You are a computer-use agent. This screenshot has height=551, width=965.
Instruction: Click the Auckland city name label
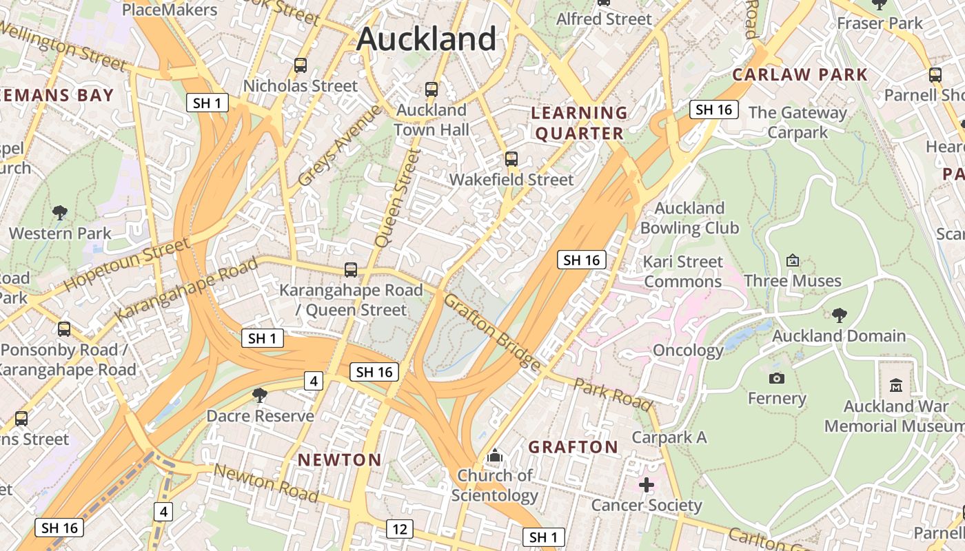426,39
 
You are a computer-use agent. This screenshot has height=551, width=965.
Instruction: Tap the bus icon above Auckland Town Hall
431,90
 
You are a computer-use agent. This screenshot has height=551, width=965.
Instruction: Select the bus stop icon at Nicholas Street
301,65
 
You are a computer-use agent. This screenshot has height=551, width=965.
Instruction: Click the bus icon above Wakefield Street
511,159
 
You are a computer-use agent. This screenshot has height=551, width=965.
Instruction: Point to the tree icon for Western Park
60,213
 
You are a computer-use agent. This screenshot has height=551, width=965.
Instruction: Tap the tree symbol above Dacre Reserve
260,395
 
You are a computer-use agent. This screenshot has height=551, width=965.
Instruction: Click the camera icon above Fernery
777,378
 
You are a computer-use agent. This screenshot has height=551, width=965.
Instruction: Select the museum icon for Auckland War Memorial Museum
896,385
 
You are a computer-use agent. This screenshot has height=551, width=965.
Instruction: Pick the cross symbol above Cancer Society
647,485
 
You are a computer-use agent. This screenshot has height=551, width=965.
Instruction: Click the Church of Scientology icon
495,455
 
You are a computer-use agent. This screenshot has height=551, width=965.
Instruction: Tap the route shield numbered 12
400,529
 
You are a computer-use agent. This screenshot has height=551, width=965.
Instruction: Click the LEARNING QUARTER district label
580,123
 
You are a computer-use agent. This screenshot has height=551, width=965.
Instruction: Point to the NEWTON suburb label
339,459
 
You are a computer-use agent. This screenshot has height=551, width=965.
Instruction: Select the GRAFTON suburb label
573,447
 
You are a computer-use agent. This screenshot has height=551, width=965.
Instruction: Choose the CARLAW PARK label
800,74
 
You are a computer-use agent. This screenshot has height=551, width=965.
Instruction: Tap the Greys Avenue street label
339,145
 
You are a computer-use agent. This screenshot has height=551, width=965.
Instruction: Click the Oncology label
688,351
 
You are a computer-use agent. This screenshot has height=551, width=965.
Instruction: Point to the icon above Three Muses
793,260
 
